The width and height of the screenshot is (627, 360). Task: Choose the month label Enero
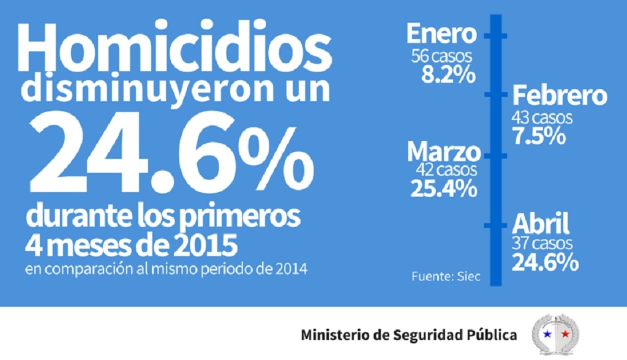click(441, 33)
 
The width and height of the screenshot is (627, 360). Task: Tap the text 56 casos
click(443, 56)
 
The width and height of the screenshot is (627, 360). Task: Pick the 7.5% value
click(539, 136)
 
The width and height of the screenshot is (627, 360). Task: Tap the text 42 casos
click(446, 170)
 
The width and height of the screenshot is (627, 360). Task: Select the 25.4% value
click(445, 189)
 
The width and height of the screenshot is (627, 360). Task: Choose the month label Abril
click(541, 224)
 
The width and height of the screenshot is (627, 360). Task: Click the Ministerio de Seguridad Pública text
click(408, 335)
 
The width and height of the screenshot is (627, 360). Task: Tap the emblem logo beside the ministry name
click(555, 334)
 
